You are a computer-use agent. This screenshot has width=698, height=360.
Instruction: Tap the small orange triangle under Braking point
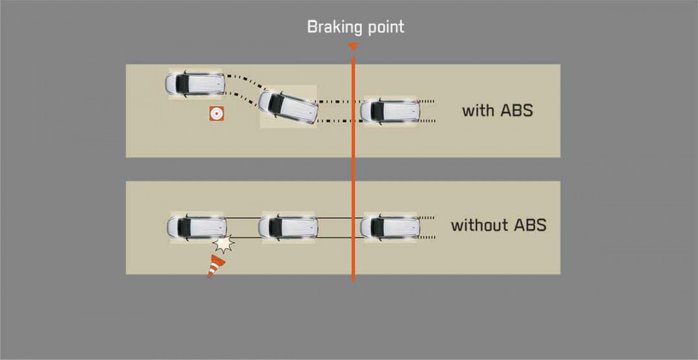coord(354,47)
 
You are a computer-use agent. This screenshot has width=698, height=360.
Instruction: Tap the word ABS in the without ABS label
coord(530,225)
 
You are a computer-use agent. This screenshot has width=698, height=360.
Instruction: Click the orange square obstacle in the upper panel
coord(217,114)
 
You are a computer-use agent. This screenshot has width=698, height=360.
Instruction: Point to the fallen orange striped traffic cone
coord(216,266)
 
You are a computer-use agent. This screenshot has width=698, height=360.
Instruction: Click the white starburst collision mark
coord(223,244)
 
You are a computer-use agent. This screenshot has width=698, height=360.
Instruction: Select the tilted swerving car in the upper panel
coord(288,107)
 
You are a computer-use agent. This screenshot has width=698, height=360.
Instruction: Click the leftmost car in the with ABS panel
coord(195,83)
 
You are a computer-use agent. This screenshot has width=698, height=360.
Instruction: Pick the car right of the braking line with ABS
coord(390,111)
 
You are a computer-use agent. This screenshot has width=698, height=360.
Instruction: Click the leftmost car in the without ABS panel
coord(196,227)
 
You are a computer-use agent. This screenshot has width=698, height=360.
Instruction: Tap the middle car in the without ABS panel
coord(288,227)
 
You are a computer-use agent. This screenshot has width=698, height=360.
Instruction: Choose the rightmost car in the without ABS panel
coord(390,227)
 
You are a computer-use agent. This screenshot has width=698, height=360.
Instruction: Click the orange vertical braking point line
coord(354,169)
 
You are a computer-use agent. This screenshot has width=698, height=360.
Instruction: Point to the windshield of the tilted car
coord(276,103)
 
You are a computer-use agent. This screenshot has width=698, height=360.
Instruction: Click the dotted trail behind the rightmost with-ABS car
coord(427,111)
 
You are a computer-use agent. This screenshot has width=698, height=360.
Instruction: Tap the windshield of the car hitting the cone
coord(184,227)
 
